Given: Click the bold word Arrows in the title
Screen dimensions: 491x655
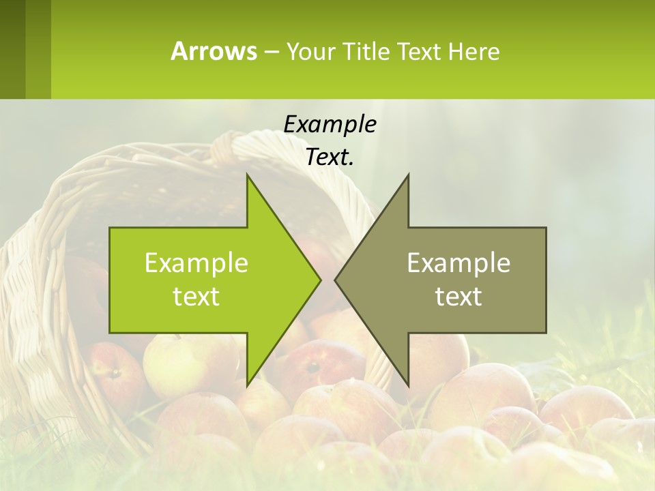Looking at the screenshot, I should click(x=214, y=51).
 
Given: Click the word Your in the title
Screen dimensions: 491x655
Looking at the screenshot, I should click(x=310, y=52).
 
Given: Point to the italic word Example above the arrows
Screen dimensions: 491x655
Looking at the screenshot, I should click(x=330, y=124).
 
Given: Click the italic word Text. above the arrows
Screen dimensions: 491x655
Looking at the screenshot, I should click(x=330, y=158).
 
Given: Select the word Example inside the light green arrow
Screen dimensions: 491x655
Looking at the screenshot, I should click(x=196, y=263).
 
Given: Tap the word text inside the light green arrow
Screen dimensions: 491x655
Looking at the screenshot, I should click(x=196, y=297).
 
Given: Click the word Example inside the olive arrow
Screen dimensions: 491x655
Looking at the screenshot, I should click(x=458, y=263).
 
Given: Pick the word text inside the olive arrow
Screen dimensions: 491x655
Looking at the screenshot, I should click(x=458, y=297).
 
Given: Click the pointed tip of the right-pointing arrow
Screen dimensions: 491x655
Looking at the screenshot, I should click(x=319, y=280).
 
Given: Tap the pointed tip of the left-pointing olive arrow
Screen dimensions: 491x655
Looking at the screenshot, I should click(x=336, y=280).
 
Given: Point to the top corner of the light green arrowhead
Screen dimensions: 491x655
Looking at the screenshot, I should click(x=248, y=177).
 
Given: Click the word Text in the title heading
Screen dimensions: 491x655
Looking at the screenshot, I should click(x=418, y=52).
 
